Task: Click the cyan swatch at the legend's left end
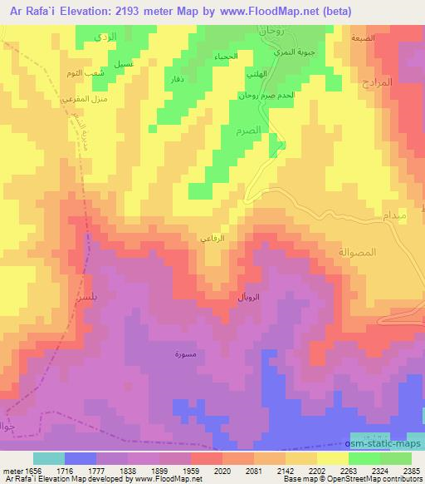[x=48, y=458]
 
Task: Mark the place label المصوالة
[x=358, y=252]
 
